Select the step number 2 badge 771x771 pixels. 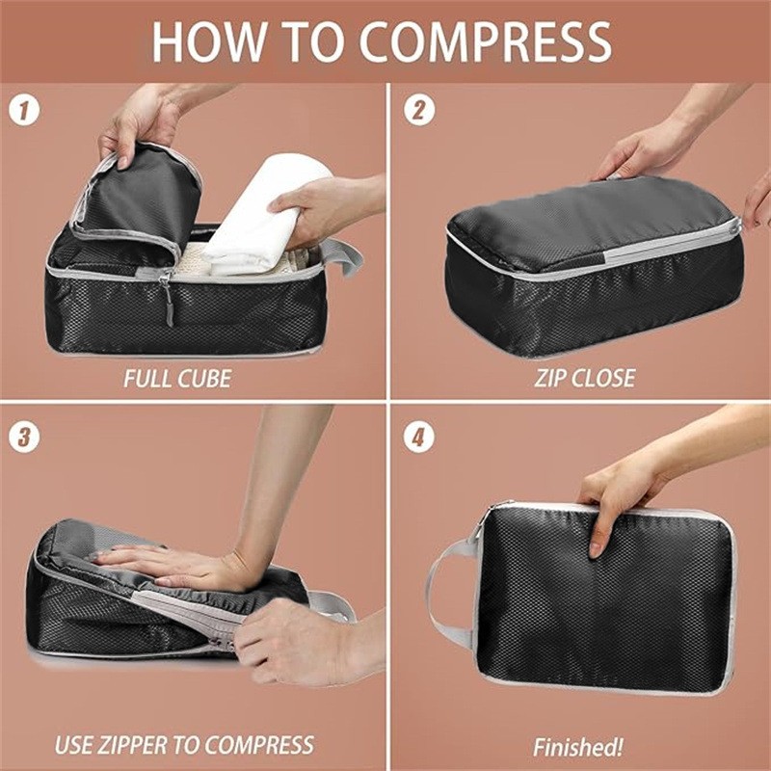point(417,110)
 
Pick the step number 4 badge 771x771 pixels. point(417,436)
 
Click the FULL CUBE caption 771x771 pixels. point(177,378)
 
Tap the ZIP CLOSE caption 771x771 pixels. point(585,378)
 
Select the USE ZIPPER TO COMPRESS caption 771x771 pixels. point(184,745)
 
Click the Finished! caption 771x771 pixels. point(578,747)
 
